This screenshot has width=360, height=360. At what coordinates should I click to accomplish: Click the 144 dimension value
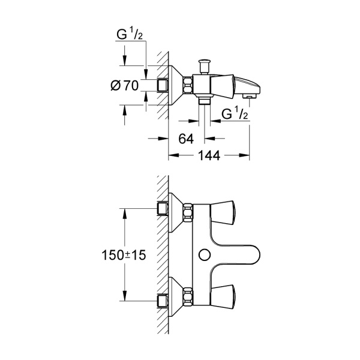point(208,155)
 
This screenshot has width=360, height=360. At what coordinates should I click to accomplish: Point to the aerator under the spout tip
point(247,95)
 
